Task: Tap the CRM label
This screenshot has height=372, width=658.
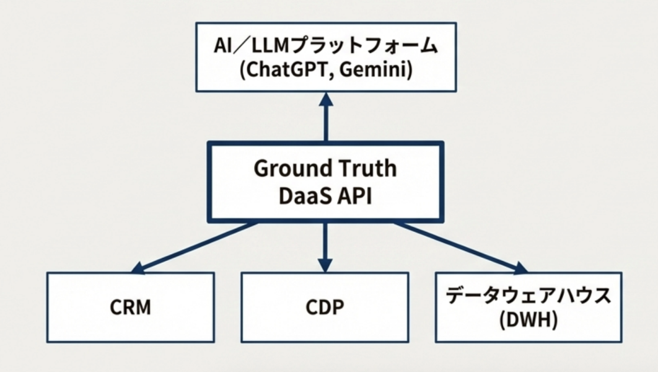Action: [x=131, y=308]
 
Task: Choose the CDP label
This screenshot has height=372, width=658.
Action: [x=325, y=308]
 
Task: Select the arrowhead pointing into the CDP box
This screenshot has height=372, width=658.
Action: [x=325, y=265]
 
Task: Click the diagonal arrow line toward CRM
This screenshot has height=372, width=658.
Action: [x=198, y=246]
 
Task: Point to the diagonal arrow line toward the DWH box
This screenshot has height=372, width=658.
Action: [x=455, y=244]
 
